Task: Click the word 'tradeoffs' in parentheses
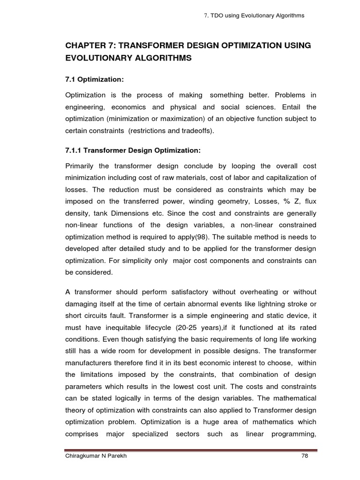[x=196, y=130]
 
